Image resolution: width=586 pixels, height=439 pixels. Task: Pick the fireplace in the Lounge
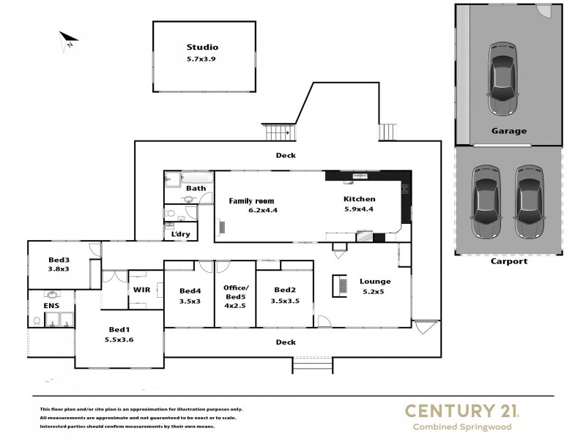[340, 285]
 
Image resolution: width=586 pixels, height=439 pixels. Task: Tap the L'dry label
[180, 234]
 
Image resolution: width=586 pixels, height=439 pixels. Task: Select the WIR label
[141, 290]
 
